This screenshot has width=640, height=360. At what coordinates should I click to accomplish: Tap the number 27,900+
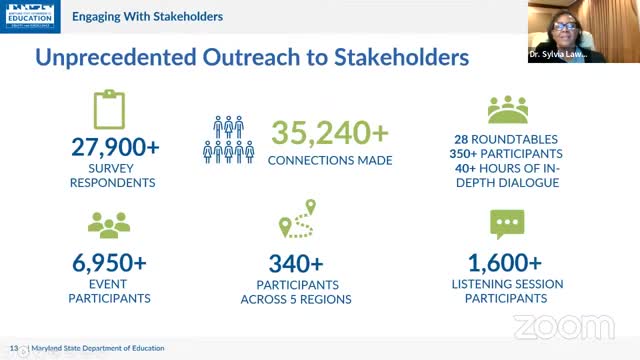[x=115, y=148]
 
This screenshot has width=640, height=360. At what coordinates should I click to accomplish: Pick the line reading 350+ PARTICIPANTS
[x=506, y=154]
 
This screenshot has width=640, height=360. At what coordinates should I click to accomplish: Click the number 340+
[x=296, y=264]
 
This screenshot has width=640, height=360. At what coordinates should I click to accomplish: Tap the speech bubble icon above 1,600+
[x=506, y=223]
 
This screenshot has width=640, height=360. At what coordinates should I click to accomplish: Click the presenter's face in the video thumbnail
[x=582, y=21]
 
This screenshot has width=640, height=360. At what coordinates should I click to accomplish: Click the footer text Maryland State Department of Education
[x=94, y=350]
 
